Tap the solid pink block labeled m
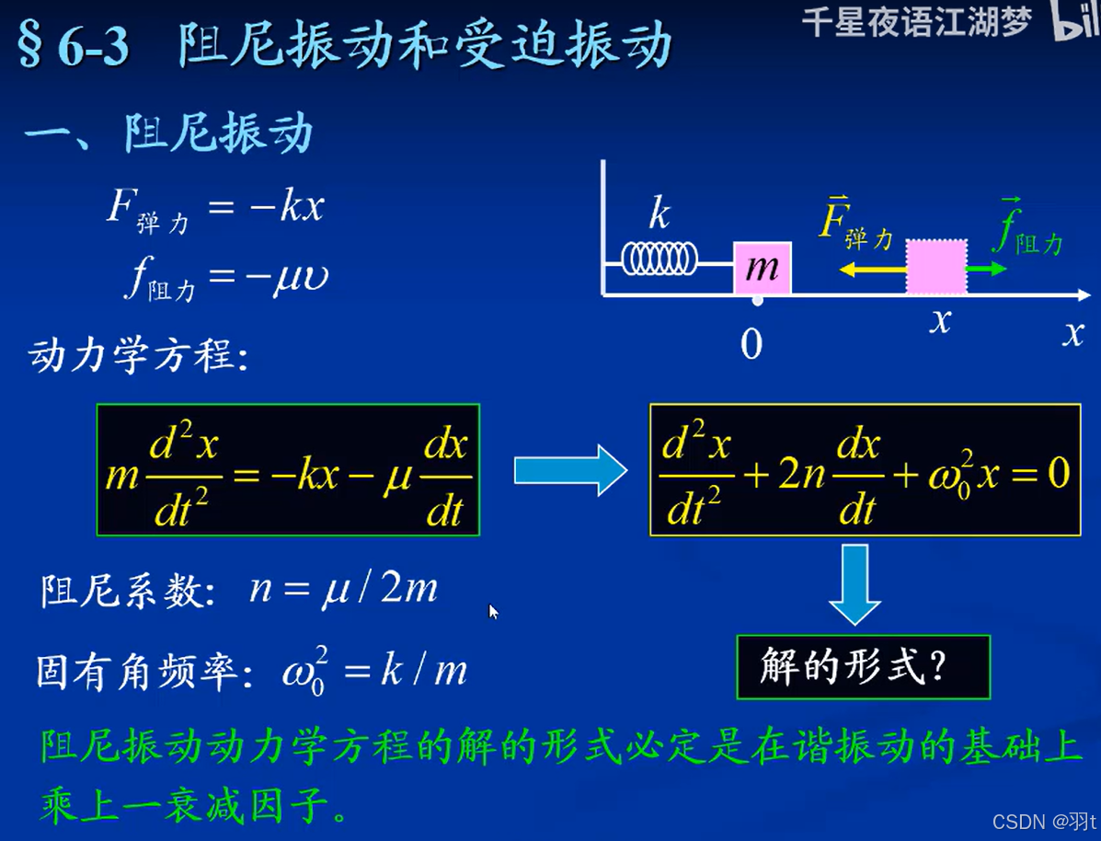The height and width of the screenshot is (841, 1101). click(762, 268)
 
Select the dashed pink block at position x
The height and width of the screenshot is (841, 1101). click(936, 267)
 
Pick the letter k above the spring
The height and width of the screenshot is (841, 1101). click(659, 214)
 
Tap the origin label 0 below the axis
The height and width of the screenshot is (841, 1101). click(751, 345)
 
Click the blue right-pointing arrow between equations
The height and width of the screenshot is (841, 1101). click(569, 470)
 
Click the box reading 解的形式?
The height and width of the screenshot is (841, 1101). click(863, 666)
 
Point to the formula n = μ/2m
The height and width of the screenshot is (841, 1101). click(343, 590)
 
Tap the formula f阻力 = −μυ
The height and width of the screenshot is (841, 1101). click(226, 277)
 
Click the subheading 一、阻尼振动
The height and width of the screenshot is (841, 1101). click(169, 134)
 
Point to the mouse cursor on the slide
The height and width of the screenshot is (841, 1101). click(493, 611)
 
